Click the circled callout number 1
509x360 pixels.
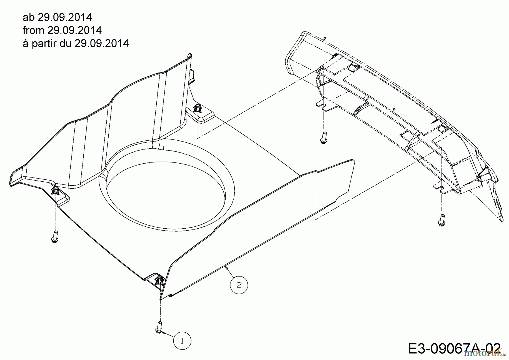(x=182, y=341)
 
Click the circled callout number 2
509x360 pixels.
(x=239, y=285)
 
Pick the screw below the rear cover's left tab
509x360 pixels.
(x=323, y=138)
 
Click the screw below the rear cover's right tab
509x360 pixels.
(x=441, y=220)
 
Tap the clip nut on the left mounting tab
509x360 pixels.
(x=55, y=190)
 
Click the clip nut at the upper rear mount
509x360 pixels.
(x=197, y=108)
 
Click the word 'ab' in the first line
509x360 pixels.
(x=28, y=18)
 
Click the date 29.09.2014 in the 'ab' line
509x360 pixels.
(x=65, y=18)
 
